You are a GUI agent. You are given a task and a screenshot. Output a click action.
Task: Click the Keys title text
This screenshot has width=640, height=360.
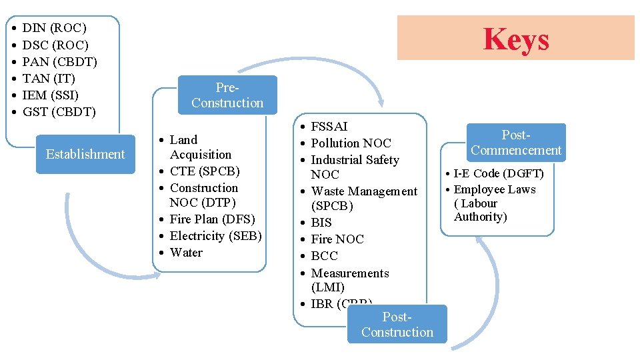pyautogui.click(x=516, y=39)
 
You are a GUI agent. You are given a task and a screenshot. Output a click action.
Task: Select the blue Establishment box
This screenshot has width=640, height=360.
pyautogui.click(x=85, y=154)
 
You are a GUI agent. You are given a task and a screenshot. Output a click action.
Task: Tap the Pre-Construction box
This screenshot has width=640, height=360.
pyautogui.click(x=227, y=95)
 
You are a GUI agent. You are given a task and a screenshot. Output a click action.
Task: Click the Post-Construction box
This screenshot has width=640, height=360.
pyautogui.click(x=397, y=325)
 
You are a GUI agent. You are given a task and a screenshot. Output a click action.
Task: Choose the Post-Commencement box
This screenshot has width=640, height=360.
pyautogui.click(x=516, y=143)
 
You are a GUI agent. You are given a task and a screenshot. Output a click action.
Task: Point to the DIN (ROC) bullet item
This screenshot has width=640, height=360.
pyautogui.click(x=54, y=28)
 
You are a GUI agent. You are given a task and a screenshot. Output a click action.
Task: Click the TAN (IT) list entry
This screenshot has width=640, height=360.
pyautogui.click(x=49, y=79)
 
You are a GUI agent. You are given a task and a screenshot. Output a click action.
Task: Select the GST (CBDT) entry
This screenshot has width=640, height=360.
pyautogui.click(x=59, y=112)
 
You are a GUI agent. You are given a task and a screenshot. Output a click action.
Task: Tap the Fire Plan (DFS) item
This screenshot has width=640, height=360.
pyautogui.click(x=212, y=219)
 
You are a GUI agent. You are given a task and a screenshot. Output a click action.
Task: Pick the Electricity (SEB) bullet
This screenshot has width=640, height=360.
pyautogui.click(x=215, y=236)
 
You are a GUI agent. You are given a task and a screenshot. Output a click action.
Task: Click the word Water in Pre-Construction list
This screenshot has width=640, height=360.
pyautogui.click(x=186, y=253)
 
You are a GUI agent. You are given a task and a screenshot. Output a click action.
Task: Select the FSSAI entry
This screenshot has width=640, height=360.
pyautogui.click(x=329, y=126)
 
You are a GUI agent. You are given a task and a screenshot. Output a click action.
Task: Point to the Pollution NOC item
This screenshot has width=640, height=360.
pyautogui.click(x=351, y=143)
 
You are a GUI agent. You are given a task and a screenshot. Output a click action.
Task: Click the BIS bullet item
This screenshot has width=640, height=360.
pyautogui.click(x=321, y=223)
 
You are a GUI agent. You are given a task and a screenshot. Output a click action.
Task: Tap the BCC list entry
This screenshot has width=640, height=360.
pyautogui.click(x=325, y=256)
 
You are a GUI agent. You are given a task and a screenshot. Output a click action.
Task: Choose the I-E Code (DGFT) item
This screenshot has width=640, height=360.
pyautogui.click(x=499, y=174)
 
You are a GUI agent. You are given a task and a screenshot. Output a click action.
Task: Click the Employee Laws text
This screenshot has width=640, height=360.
pyautogui.click(x=495, y=189)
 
